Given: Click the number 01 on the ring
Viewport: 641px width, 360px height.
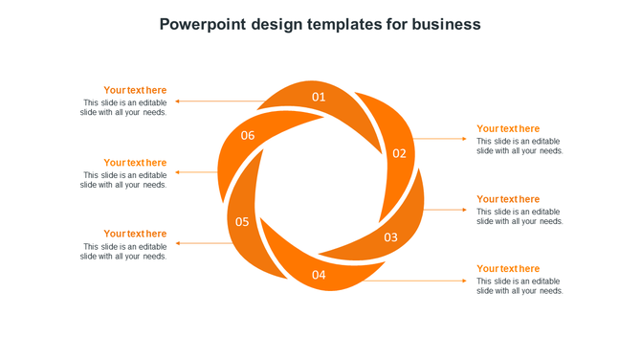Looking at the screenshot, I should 319,97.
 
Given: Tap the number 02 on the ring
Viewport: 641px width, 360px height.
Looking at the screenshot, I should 399,153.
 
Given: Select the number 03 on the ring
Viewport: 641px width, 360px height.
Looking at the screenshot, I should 391,237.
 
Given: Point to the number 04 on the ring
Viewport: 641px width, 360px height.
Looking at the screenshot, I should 319,276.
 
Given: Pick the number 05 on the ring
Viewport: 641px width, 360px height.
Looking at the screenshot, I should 242,222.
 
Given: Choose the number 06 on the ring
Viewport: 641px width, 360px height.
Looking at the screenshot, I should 248,136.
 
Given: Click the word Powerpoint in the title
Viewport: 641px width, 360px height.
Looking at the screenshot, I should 203,24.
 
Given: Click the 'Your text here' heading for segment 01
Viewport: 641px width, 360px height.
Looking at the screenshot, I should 135,91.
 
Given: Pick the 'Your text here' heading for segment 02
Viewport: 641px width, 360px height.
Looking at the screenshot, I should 508,128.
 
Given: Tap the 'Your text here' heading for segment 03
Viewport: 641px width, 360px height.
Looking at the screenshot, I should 508,199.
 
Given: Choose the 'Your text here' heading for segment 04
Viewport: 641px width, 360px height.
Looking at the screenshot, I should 508,269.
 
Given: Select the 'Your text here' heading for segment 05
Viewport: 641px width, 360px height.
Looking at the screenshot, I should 135,234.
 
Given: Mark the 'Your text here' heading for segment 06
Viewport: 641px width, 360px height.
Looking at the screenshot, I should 135,163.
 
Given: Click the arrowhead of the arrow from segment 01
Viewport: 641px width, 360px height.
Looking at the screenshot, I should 177,101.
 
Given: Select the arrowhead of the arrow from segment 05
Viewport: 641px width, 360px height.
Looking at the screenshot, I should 177,243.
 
